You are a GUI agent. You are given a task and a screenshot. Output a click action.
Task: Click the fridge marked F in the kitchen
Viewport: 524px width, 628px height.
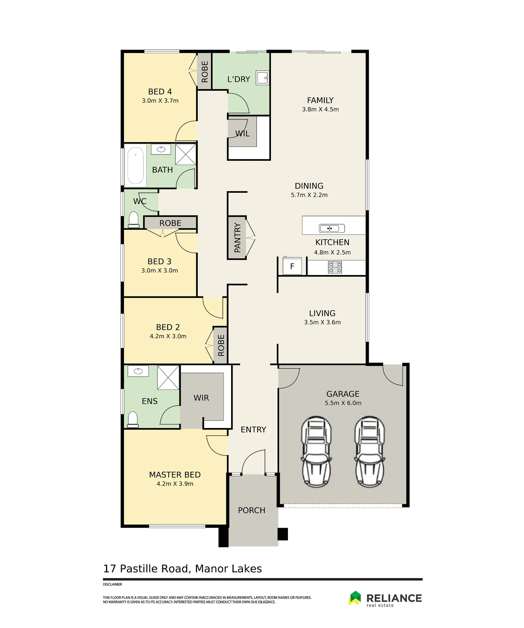coord(292,266)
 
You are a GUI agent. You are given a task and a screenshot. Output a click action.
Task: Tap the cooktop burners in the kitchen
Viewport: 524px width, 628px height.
coord(335,268)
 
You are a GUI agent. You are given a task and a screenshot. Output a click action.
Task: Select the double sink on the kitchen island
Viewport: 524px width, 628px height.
coord(332,228)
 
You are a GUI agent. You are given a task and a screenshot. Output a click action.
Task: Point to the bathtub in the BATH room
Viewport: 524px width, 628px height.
coord(135,165)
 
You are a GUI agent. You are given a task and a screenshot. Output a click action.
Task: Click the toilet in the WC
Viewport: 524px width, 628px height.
coord(134,219)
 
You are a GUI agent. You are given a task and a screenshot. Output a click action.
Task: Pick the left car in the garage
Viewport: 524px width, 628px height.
coord(316,452)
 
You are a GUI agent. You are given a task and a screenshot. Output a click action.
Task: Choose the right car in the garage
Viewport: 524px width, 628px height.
coord(370,452)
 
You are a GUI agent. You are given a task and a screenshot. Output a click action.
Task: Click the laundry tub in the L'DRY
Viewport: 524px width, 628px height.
coord(262,78)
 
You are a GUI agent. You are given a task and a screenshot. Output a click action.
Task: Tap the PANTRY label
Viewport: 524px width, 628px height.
coord(237,238)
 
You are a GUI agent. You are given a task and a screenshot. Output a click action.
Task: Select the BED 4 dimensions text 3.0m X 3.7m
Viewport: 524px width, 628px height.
coord(160,101)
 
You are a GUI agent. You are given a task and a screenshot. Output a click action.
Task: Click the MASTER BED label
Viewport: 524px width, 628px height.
coord(175,475)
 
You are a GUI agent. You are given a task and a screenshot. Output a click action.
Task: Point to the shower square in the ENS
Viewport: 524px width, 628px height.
coord(168,377)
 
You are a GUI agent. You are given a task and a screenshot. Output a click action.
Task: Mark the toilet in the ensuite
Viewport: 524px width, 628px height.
coord(133,420)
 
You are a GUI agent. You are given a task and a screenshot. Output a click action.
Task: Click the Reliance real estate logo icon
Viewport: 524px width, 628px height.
coord(355,598)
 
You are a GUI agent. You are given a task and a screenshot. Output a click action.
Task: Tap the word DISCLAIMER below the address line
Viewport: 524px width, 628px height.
coord(112,584)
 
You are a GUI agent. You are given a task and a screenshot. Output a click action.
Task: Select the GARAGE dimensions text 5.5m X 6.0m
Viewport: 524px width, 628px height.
coord(343,403)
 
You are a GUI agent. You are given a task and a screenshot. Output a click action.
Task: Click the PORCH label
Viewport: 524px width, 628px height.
coord(251,510)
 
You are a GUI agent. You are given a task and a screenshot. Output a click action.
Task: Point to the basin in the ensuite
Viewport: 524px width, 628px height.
coord(138,371)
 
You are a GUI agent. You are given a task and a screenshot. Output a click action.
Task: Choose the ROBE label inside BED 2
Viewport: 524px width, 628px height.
coord(221,345)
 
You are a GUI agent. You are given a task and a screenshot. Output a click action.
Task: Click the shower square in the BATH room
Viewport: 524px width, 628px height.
coord(185,154)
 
